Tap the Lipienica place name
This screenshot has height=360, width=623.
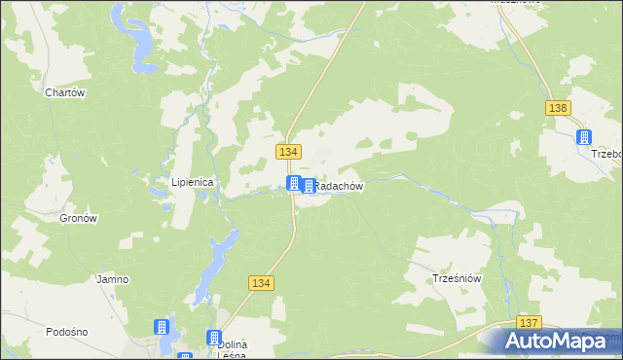[x=193, y=182]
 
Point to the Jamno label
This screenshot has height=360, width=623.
[x=112, y=279]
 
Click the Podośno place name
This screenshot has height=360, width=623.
[x=67, y=332]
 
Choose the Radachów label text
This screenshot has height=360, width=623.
[x=340, y=186]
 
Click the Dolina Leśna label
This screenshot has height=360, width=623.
[x=231, y=349]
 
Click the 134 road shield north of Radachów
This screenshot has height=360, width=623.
[x=289, y=152]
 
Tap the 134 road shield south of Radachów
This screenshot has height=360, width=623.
[x=260, y=282]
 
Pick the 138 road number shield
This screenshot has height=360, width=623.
[x=558, y=109]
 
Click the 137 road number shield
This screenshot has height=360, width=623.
[x=529, y=322]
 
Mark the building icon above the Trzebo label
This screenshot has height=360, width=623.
[x=584, y=138]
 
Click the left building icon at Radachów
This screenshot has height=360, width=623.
[x=293, y=183]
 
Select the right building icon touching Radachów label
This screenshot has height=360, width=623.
[x=309, y=186]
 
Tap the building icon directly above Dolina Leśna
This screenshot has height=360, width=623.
[x=213, y=337]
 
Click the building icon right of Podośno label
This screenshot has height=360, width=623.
[x=162, y=328]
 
